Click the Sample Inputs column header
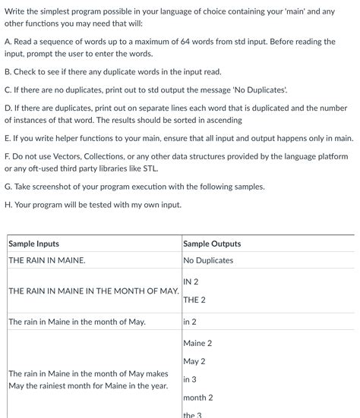[x=33, y=244]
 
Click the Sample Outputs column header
[x=212, y=244]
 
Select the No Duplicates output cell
[x=208, y=260]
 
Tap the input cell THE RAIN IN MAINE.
[x=47, y=260]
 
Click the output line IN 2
[x=191, y=281]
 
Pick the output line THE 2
[x=194, y=300]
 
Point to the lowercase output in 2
[x=190, y=322]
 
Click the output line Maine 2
[x=197, y=343]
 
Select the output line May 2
[x=194, y=361]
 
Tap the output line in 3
[x=190, y=379]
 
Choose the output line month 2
[x=198, y=398]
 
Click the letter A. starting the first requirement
[x=8, y=42]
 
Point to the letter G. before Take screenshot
[x=8, y=187]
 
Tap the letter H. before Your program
[x=8, y=204]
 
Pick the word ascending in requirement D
[x=220, y=121]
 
